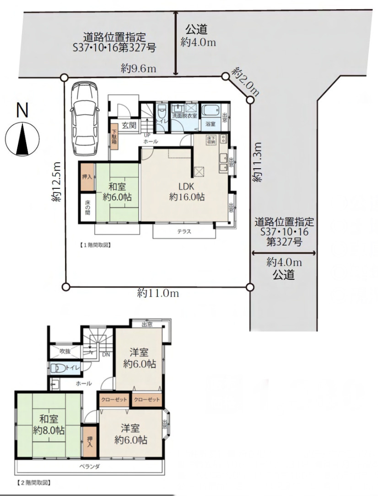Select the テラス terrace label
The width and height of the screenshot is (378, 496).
coord(184,232)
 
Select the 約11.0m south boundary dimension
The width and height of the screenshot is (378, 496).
coord(158,293)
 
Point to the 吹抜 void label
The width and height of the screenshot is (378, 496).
coord(65,351)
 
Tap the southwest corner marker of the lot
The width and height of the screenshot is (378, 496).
coord(65,287)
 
